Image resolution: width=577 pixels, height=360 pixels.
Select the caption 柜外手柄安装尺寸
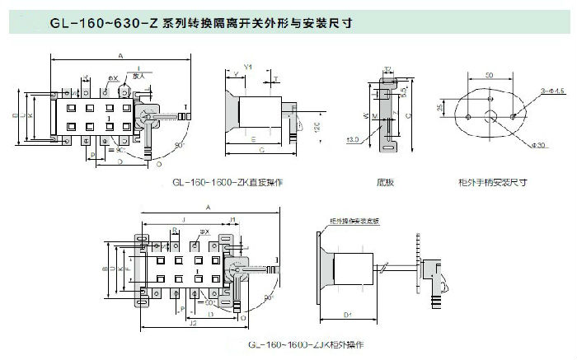[x=492, y=182]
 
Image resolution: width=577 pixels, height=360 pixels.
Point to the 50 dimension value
[x=488, y=75]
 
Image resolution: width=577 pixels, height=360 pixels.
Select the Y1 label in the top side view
[x=248, y=66]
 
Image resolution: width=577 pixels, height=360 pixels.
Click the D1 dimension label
[x=347, y=314]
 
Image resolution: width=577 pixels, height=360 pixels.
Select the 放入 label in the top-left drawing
[x=138, y=76]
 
